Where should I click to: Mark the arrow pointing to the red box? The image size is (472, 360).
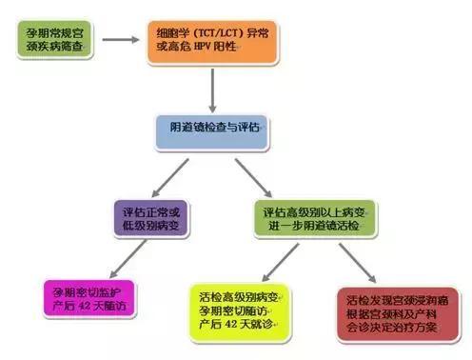point(356,260)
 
